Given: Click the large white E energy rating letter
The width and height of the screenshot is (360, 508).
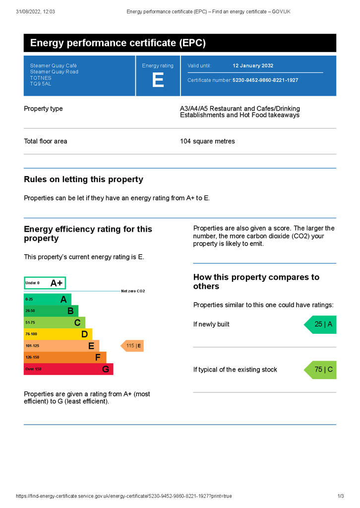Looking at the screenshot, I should click(x=158, y=80).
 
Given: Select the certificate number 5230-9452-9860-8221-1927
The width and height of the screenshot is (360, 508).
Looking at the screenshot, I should click(x=265, y=80).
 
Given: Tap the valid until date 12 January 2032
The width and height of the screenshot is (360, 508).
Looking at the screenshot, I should click(x=253, y=65).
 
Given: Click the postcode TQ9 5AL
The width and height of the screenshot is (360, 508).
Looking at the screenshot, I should click(x=41, y=84).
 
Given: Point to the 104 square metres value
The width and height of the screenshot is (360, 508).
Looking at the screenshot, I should click(x=207, y=141).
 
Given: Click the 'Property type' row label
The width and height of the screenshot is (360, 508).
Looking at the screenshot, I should click(x=43, y=109).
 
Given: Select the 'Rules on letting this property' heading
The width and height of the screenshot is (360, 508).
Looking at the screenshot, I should click(x=83, y=180).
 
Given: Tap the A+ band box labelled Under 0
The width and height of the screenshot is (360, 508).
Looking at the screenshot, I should click(x=45, y=283).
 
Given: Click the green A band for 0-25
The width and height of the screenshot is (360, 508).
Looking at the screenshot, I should click(x=48, y=300).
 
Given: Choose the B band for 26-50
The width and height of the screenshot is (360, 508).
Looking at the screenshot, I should click(x=51, y=311).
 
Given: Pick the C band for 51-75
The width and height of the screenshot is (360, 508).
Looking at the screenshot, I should click(x=55, y=322).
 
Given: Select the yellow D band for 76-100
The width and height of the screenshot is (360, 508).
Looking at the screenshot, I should click(x=58, y=334).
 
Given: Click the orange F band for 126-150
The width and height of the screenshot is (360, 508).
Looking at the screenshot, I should click(x=65, y=357).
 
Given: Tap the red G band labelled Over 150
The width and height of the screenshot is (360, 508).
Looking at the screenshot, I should click(x=68, y=369).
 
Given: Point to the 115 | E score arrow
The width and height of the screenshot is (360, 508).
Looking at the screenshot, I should click(x=132, y=346).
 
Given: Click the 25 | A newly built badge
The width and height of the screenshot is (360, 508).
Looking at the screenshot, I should click(x=321, y=324).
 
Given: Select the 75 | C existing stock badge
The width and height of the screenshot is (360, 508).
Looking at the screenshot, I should click(x=321, y=370).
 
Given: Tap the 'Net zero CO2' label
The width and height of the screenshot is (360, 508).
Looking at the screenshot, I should click(x=133, y=291).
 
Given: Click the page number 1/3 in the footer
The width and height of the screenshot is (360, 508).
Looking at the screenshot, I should click(x=341, y=496).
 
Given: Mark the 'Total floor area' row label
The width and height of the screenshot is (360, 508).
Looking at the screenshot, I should click(x=46, y=141).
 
